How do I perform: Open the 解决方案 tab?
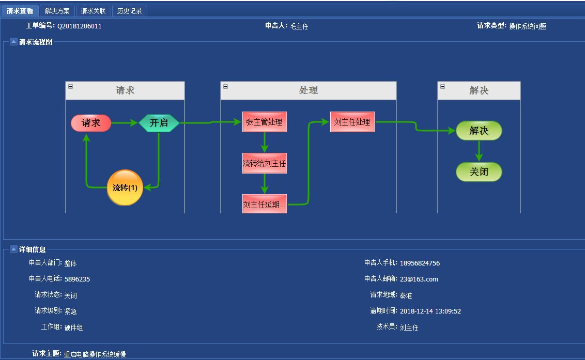point(57,11)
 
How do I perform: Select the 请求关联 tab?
point(93,11)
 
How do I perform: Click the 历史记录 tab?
point(129,11)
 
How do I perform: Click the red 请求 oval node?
point(91,123)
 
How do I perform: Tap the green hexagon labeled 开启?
point(159,123)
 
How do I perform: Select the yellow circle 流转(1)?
point(125,187)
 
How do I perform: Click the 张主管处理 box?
point(264,122)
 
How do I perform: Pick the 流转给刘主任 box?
point(264,163)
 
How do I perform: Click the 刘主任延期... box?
point(264,204)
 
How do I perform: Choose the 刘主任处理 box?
point(352,122)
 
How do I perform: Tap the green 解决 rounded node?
point(479,131)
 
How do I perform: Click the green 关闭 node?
point(479,172)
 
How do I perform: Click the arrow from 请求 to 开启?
point(125,123)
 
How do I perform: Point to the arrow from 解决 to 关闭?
point(479,151)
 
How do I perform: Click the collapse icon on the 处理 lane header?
point(225,86)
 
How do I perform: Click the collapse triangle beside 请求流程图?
point(13,42)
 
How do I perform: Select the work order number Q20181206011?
point(79,26)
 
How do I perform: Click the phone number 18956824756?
point(420,263)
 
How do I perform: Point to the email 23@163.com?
point(419,279)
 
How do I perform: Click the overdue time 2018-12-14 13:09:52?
point(430,311)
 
